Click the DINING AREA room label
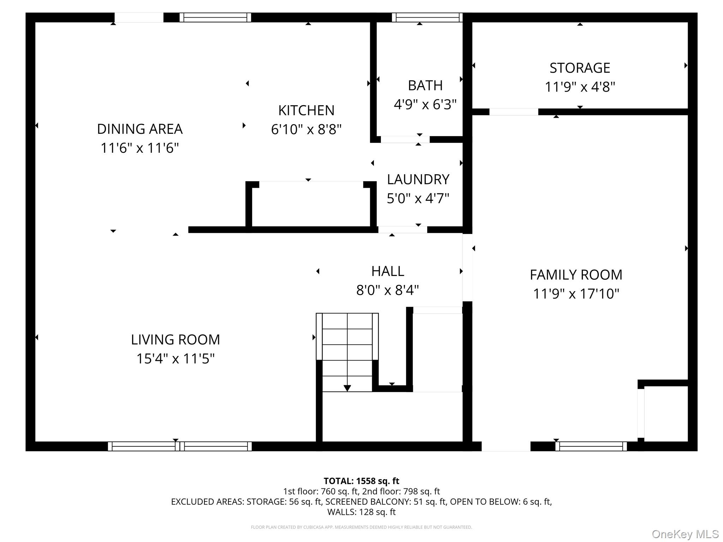point(140,129)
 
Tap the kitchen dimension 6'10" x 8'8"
point(306,130)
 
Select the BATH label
point(425,86)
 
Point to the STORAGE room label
point(580,68)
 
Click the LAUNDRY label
point(418,180)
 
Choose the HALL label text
point(388,271)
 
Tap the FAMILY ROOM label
point(576,275)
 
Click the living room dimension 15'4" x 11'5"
point(175,359)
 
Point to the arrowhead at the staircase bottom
point(347,388)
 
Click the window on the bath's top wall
point(427,17)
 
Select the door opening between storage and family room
point(514,112)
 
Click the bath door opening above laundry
point(405,139)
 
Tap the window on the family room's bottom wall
point(591,446)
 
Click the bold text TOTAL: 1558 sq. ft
point(361,481)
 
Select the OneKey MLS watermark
point(685,534)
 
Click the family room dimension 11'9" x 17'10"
point(576,294)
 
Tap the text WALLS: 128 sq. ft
point(361,512)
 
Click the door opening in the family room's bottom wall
point(506,446)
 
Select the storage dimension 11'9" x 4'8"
point(580,87)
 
